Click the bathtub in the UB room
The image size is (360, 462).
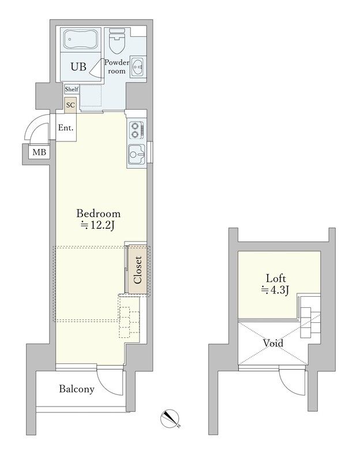point(82,41)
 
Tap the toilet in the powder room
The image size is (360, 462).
point(117,42)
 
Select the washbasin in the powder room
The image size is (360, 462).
point(138,67)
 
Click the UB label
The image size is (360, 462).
point(78,67)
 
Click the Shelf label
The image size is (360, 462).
point(71,90)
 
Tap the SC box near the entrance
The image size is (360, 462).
point(70,105)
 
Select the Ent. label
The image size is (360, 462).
point(66,128)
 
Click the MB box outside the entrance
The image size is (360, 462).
point(39,152)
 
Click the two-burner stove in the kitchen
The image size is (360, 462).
point(136,130)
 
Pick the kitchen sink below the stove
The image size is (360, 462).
point(136,155)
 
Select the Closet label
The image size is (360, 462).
point(138,270)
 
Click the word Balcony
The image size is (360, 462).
point(77,389)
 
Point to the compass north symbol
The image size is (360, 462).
point(171,418)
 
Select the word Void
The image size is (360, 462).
point(273,342)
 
